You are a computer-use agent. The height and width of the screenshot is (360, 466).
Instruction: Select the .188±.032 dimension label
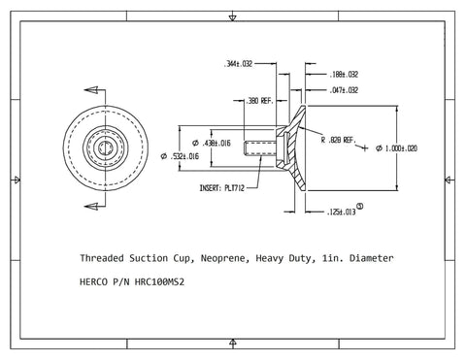click(344, 74)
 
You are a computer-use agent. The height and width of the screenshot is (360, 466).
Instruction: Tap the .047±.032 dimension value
click(344, 88)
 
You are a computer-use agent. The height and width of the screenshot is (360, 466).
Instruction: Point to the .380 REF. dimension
click(250, 100)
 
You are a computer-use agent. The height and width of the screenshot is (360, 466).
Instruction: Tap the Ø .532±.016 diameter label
click(185, 155)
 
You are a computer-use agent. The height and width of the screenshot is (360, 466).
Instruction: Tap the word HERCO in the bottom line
click(96, 285)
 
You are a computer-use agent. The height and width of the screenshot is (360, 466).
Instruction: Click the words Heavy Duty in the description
click(291, 259)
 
